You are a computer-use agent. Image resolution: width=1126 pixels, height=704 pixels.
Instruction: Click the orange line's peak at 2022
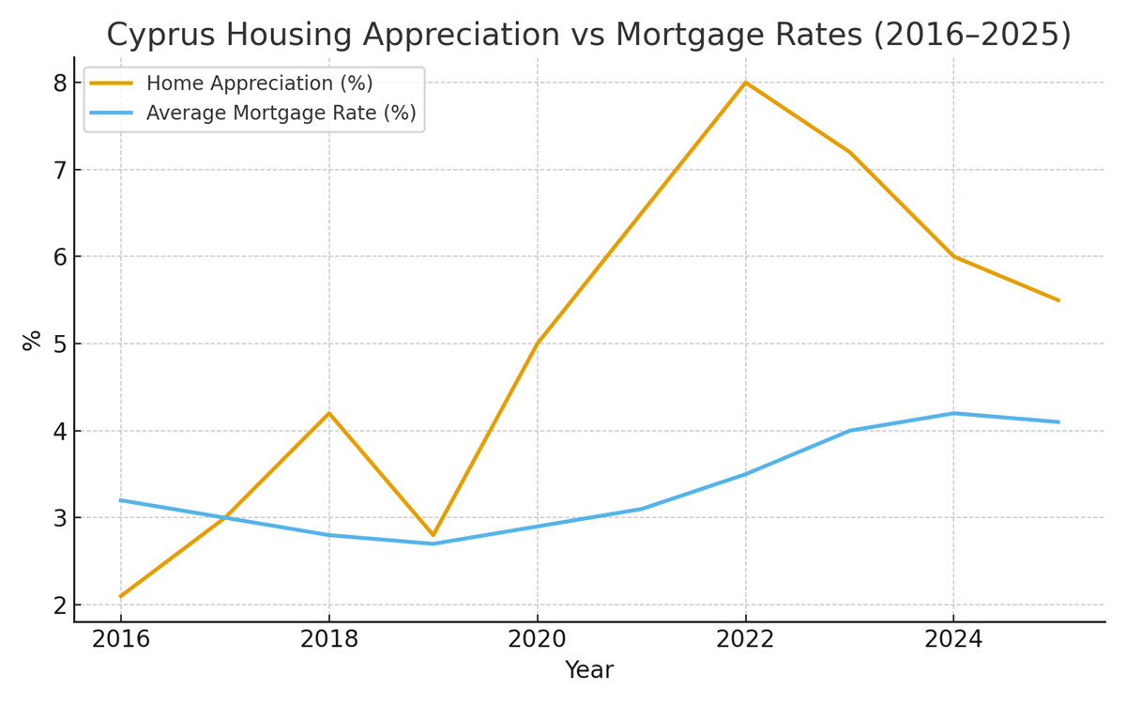click(746, 83)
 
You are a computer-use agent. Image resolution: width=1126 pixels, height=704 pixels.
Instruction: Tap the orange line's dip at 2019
click(434, 535)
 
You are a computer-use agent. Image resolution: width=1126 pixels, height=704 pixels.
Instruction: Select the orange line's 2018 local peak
click(329, 413)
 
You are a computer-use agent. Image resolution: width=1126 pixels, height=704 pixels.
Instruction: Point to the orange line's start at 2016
click(121, 596)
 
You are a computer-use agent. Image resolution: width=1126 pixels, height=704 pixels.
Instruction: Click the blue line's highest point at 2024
click(954, 413)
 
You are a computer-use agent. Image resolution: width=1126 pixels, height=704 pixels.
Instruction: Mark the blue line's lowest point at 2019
click(434, 543)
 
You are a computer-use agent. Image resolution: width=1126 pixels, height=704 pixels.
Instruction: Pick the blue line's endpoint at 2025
click(1058, 422)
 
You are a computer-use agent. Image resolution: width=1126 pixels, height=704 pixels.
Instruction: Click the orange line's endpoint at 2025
click(1058, 300)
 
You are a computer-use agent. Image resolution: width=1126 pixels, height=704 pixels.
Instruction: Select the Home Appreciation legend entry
click(259, 84)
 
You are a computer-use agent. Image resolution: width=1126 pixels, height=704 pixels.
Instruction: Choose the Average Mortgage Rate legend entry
click(281, 114)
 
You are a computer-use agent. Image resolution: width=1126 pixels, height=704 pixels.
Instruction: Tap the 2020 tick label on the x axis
click(537, 640)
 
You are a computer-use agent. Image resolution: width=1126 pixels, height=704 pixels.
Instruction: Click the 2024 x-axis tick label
click(953, 640)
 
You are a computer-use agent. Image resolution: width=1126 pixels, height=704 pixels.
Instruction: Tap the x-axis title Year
click(588, 671)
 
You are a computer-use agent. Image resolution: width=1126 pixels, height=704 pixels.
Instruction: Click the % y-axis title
click(32, 340)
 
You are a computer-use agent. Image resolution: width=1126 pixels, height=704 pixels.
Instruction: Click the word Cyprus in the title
click(161, 36)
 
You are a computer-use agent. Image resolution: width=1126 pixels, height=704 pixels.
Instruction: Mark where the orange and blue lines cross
click(222, 517)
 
